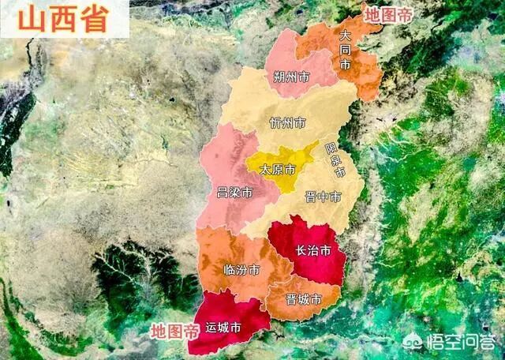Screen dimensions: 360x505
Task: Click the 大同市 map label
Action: point(345,50)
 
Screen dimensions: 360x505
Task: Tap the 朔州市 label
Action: point(292,77)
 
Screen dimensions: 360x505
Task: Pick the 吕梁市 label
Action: point(235,193)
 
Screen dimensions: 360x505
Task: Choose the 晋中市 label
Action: point(324,197)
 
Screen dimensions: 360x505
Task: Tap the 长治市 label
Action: point(312,251)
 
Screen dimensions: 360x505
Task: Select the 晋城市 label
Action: point(304,299)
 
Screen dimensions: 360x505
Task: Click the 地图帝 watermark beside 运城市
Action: point(175,330)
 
